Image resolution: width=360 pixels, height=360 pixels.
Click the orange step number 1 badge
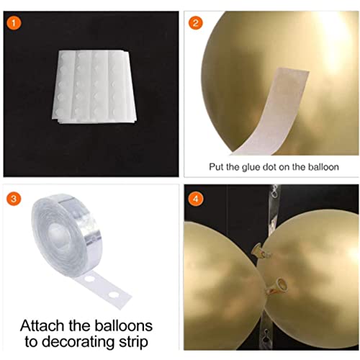[14, 23]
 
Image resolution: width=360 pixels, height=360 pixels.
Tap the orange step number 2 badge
[195, 23]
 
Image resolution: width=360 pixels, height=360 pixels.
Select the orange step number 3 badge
[14, 199]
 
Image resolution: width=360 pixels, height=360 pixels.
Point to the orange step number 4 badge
[195, 199]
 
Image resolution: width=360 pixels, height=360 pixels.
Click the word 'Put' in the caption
[216, 167]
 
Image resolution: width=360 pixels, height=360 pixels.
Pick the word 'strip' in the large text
[133, 342]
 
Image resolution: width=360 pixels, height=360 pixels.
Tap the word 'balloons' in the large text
[123, 325]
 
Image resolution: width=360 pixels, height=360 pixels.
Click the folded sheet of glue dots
[94, 87]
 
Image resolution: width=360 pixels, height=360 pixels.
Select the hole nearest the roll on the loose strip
[89, 279]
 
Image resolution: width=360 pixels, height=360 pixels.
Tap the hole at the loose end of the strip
[112, 294]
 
